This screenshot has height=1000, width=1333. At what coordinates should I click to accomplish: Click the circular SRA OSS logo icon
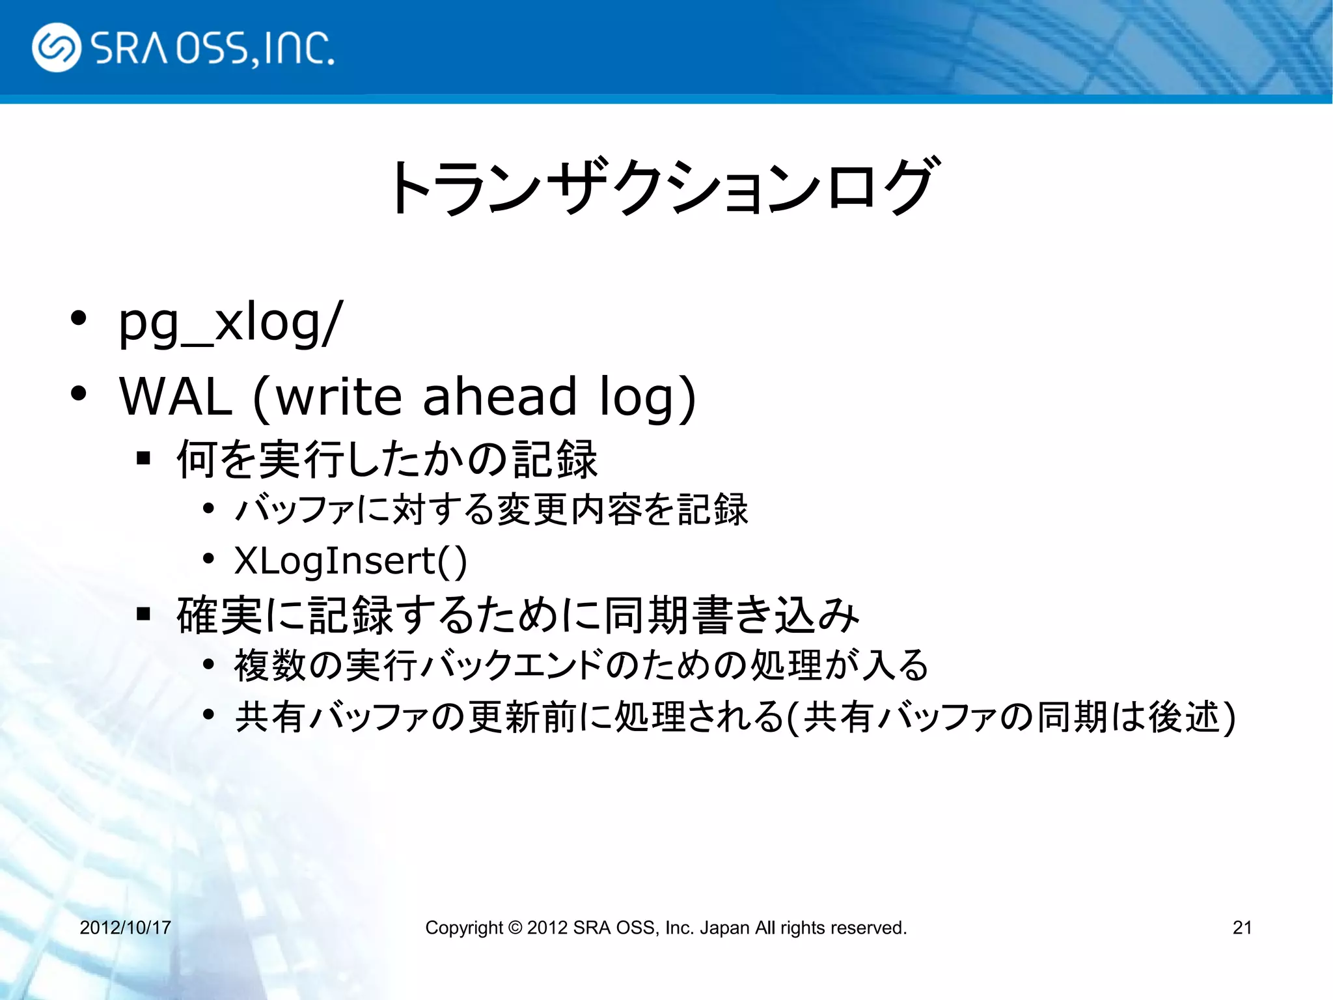coord(57,48)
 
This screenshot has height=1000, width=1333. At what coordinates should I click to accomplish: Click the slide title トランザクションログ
coord(664,187)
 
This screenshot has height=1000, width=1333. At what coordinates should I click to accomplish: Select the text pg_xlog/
coord(230,323)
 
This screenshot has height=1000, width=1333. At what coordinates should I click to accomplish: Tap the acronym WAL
coord(176,396)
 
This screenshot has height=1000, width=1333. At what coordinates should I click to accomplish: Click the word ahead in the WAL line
coord(500,396)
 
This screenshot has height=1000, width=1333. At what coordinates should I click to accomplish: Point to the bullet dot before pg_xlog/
coord(78,319)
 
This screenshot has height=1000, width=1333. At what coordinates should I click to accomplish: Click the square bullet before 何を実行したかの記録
coord(144,458)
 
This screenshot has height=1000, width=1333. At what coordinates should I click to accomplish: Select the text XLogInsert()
coord(350,561)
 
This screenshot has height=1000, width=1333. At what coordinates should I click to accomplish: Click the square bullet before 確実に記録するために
coord(144,614)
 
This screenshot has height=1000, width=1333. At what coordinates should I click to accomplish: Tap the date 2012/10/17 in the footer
coord(125,928)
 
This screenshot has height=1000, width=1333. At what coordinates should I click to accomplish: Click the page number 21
coord(1242,928)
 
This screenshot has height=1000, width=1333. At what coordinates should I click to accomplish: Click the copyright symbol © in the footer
coord(515,928)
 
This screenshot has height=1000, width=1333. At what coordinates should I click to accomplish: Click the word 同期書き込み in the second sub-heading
coord(732,615)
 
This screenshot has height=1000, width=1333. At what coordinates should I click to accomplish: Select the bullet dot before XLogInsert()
coord(208,559)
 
